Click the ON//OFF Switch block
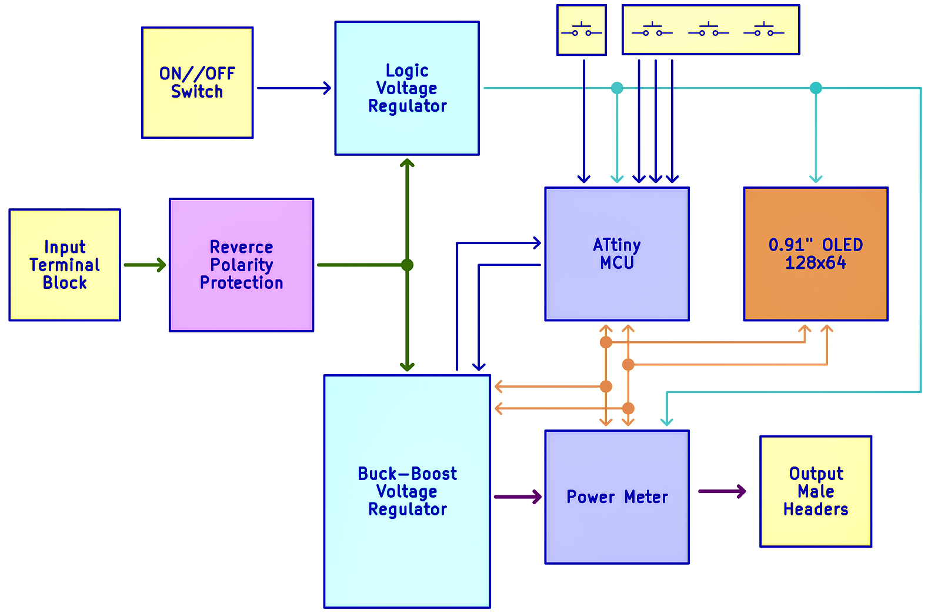point(197,82)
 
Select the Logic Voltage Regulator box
point(407,88)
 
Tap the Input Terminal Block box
point(65,265)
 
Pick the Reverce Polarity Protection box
point(241,265)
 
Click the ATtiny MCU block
point(617,254)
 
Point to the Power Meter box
point(617,497)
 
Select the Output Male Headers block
point(816,491)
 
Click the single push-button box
point(582,30)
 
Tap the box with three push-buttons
point(710,30)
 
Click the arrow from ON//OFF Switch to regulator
point(294,88)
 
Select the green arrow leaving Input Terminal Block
point(145,265)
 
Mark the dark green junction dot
point(407,265)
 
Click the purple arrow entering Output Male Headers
point(722,491)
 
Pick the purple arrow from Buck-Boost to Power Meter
point(518,497)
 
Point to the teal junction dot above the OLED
point(816,88)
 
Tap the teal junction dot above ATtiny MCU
point(617,88)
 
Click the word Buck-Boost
point(407,474)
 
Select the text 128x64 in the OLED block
point(816,263)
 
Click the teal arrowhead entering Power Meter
point(666,421)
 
